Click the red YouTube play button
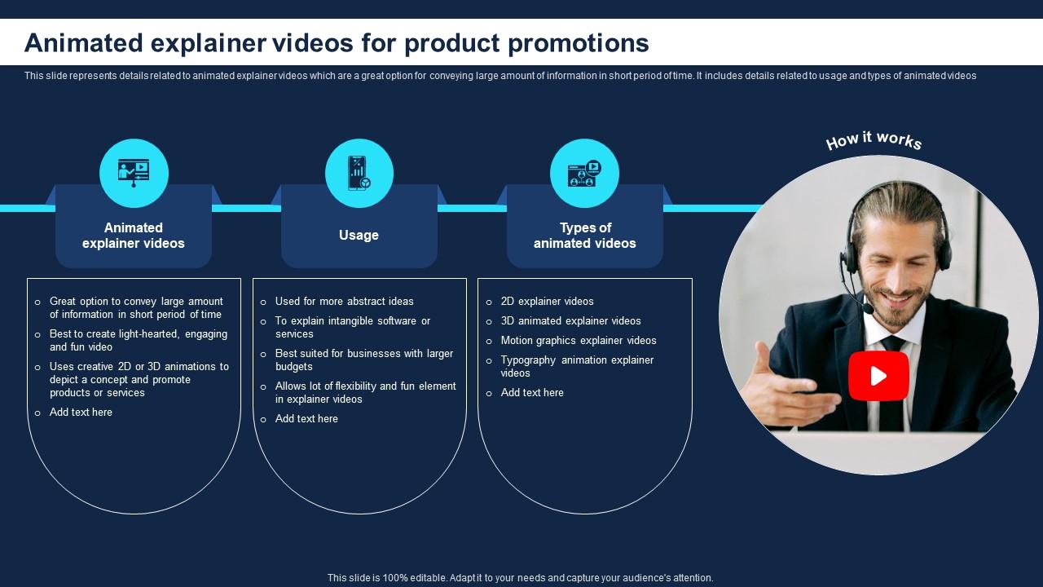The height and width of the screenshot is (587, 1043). tap(878, 376)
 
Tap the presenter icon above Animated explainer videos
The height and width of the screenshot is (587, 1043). tap(134, 173)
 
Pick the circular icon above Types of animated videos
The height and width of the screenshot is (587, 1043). tap(584, 173)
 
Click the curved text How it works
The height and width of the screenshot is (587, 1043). tap(874, 140)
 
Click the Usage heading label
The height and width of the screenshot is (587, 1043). tap(359, 236)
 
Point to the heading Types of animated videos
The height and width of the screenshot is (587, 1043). tap(585, 236)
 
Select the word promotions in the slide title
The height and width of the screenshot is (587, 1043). tap(579, 43)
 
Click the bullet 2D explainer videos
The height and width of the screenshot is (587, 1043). tap(547, 302)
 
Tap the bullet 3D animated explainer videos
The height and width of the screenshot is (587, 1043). tap(571, 321)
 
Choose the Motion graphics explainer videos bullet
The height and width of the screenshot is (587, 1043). tap(579, 341)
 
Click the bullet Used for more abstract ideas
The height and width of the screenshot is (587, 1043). tap(344, 302)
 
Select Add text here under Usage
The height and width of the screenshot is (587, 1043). tap(306, 419)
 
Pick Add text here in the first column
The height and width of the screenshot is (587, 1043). tap(81, 413)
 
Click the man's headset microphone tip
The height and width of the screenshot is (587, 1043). tap(868, 308)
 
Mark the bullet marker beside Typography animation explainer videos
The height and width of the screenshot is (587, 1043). tap(489, 361)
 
